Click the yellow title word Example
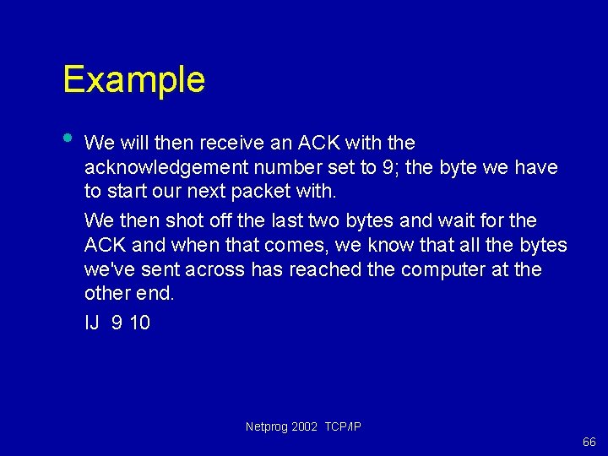[x=133, y=80]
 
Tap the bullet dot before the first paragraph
[x=67, y=139]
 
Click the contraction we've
[x=109, y=270]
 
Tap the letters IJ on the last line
[x=92, y=323]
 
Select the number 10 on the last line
[x=139, y=323]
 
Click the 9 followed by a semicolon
[x=388, y=167]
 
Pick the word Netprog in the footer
[x=267, y=427]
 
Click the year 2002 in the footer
[x=305, y=427]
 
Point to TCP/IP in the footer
[x=343, y=427]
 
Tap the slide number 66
[x=589, y=442]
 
